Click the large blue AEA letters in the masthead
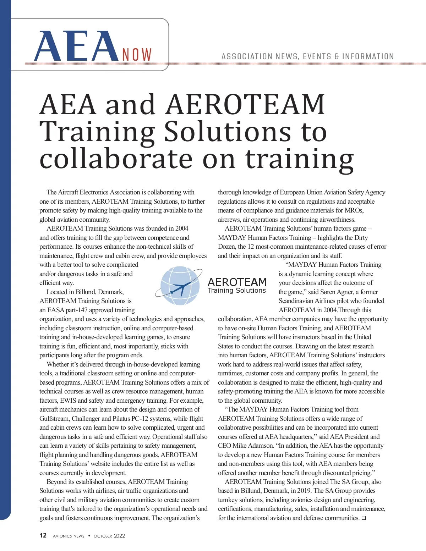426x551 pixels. tap(76, 47)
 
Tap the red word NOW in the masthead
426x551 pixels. tap(137, 55)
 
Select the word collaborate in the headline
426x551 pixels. tap(118, 159)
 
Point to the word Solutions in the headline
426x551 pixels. tap(227, 132)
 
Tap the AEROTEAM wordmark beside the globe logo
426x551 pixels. tap(237, 282)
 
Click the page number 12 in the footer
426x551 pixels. tap(43, 535)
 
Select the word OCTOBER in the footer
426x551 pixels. tap(103, 536)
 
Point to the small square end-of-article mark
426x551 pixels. tap(364, 518)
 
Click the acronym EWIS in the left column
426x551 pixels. tap(68, 401)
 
